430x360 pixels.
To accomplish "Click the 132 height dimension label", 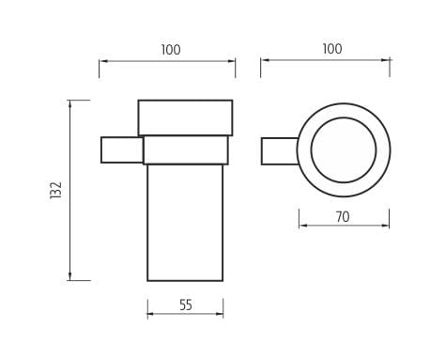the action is click(56, 191).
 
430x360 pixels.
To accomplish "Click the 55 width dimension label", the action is click(186, 305).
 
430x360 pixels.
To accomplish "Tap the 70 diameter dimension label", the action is click(343, 217).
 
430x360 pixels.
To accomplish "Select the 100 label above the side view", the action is click(171, 50).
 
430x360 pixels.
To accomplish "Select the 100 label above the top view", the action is click(332, 49).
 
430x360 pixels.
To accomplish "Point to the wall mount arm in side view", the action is click(122, 149).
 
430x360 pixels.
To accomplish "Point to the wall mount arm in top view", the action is click(279, 151).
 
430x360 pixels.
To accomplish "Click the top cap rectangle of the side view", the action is click(185, 117).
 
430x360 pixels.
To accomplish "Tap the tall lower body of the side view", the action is click(185, 223).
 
